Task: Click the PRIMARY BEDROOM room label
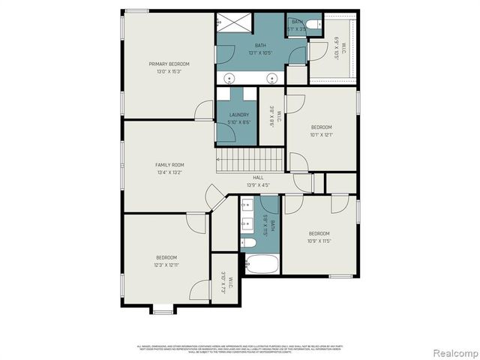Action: pyautogui.click(x=168, y=64)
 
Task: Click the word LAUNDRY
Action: pyautogui.click(x=238, y=115)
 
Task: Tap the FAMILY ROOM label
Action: pyautogui.click(x=169, y=164)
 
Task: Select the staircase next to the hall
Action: pyautogui.click(x=250, y=160)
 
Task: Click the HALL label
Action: pyautogui.click(x=257, y=177)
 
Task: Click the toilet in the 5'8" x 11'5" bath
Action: pyautogui.click(x=248, y=241)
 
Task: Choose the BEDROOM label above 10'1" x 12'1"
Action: pyautogui.click(x=321, y=127)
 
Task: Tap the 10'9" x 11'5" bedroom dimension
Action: pyautogui.click(x=319, y=241)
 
